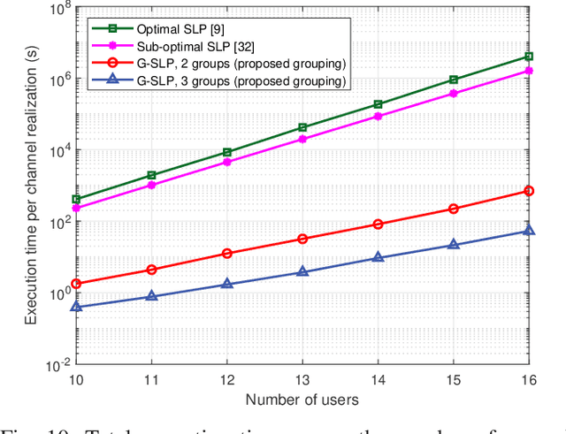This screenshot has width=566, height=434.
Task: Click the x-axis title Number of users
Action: [x=302, y=400]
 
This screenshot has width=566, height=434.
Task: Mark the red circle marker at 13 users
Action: [x=302, y=239]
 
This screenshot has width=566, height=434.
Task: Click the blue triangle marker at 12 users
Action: [x=227, y=284]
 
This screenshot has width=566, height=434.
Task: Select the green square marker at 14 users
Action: [x=379, y=104]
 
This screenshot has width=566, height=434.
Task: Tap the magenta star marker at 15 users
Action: [x=454, y=93]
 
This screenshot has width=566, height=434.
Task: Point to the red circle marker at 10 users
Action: [x=76, y=284]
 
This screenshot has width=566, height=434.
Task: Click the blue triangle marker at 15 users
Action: [x=454, y=245]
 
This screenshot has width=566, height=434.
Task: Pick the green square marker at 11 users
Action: [x=151, y=175]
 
